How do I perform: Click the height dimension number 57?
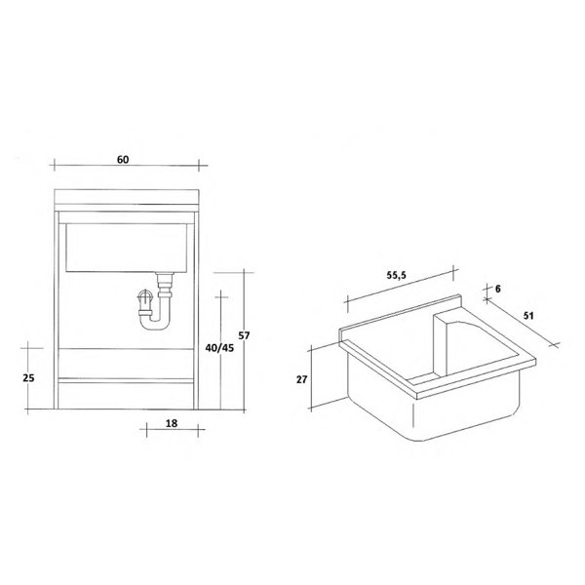pos(245,335)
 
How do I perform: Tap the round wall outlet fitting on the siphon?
pos(143,296)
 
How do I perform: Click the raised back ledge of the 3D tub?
pos(401,317)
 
